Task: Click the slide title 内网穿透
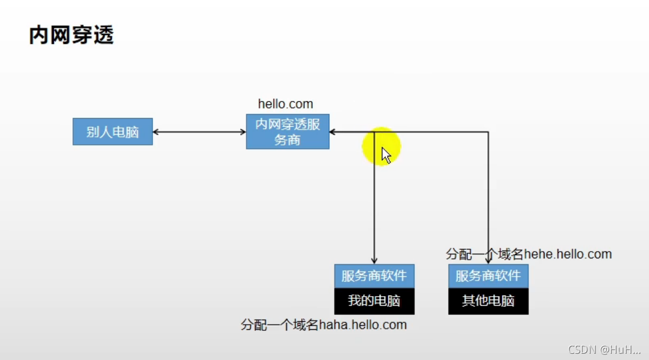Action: click(x=72, y=35)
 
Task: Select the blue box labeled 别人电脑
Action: click(x=112, y=132)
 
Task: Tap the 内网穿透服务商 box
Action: click(x=288, y=132)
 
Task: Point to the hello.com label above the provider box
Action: click(x=285, y=104)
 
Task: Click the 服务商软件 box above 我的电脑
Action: click(x=374, y=276)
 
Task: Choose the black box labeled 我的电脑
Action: click(x=374, y=301)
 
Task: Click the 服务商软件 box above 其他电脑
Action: click(x=488, y=276)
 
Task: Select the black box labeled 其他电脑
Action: click(x=488, y=301)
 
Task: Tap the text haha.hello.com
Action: click(x=363, y=325)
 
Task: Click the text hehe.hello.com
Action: click(x=568, y=254)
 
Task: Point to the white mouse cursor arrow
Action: click(x=386, y=155)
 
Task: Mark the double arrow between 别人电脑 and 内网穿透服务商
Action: click(x=199, y=132)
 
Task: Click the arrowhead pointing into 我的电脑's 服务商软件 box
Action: click(x=374, y=261)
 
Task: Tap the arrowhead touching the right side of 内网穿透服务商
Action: click(x=333, y=132)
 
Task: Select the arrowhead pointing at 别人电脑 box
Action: click(x=156, y=132)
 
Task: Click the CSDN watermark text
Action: click(x=604, y=349)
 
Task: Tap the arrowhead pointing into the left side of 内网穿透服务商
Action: click(x=243, y=132)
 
